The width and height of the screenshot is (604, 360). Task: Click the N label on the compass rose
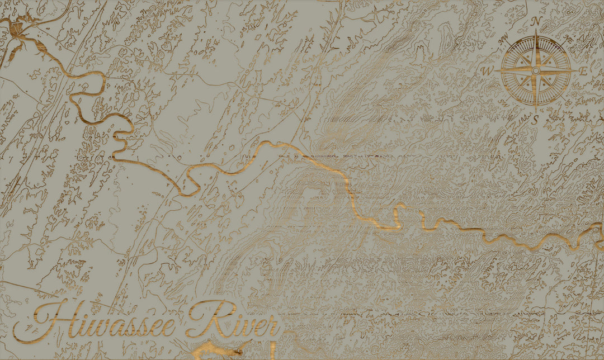point(536,21)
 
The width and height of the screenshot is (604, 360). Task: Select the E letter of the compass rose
point(583,71)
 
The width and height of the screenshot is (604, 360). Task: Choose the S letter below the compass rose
point(536,120)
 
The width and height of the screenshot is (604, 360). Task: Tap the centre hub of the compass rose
point(536,71)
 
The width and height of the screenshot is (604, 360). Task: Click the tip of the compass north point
point(536,31)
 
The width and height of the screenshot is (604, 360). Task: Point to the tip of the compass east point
point(576,71)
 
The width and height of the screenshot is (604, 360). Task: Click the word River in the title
point(232,321)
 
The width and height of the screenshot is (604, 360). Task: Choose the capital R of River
point(204,319)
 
